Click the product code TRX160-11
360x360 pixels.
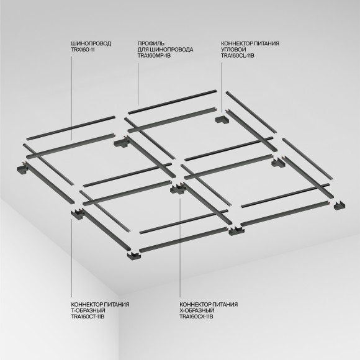(x=86, y=49)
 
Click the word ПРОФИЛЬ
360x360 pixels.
(x=150, y=43)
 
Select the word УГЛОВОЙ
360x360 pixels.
(x=233, y=49)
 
